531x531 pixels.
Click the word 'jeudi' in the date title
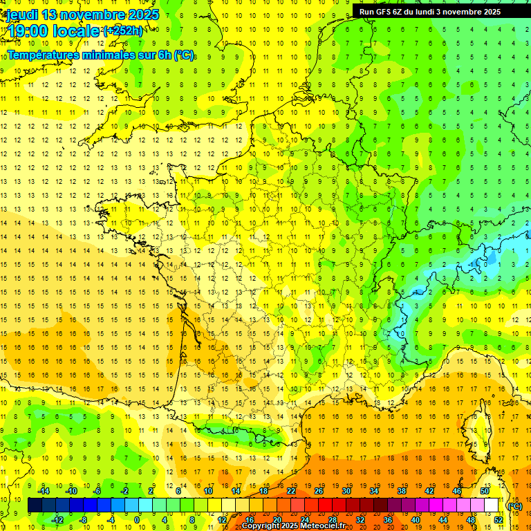click(x=20, y=15)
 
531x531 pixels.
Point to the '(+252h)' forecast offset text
click(x=124, y=30)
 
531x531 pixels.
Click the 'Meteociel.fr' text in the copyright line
click(x=324, y=526)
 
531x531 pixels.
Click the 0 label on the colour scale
click(x=138, y=519)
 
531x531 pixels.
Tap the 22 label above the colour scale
click(x=291, y=491)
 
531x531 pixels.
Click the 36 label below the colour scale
click(x=388, y=519)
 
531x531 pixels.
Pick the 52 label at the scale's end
click(x=499, y=519)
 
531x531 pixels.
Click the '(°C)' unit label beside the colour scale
click(x=514, y=506)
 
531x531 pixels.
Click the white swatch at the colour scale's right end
click(x=492, y=505)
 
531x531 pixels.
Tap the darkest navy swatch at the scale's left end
click(x=35, y=505)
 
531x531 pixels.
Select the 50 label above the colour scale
click(x=485, y=491)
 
